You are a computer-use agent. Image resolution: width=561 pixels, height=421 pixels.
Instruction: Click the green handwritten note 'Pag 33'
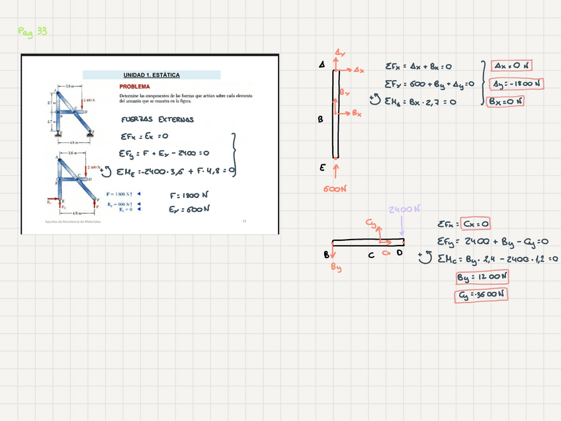(x=32, y=31)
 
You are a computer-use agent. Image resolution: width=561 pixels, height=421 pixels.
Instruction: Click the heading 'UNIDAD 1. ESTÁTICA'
(x=151, y=75)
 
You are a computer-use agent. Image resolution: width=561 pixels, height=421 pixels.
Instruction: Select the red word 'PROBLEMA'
(x=134, y=87)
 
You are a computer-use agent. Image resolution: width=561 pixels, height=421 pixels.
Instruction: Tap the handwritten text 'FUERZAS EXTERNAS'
(x=157, y=119)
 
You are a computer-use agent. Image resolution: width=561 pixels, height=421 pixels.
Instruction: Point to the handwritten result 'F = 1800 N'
(x=189, y=196)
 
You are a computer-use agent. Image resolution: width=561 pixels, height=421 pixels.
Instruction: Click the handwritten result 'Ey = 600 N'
(x=189, y=209)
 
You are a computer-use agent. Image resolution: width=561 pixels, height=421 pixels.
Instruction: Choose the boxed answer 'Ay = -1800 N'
(x=515, y=83)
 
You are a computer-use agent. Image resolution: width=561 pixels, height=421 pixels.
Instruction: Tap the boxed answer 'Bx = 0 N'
(x=505, y=101)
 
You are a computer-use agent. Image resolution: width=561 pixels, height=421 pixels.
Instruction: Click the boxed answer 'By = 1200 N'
(x=482, y=277)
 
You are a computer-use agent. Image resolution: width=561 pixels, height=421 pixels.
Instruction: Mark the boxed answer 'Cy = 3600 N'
(x=481, y=295)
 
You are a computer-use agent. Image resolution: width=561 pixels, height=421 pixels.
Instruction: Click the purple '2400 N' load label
(x=404, y=210)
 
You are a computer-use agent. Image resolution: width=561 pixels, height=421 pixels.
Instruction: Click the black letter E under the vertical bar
(x=322, y=168)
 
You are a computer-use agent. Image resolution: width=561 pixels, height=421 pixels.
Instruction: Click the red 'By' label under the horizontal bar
(x=337, y=267)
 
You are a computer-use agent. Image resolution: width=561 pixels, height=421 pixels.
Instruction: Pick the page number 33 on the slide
(x=243, y=221)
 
